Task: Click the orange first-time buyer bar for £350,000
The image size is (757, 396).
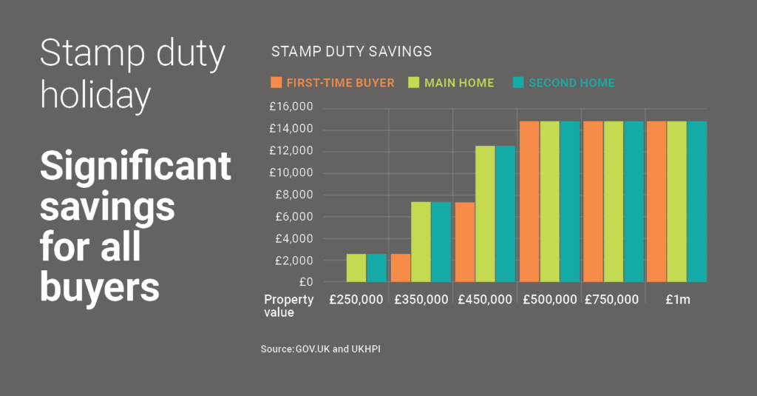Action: pyautogui.click(x=401, y=268)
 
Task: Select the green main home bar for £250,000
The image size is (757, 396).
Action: pyautogui.click(x=356, y=268)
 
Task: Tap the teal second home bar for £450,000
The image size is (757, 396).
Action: pyautogui.click(x=505, y=214)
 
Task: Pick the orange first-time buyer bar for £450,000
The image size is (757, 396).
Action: pyautogui.click(x=464, y=242)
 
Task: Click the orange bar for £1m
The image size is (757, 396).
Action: pyautogui.click(x=656, y=201)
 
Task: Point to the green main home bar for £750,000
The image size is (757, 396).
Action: pyautogui.click(x=613, y=201)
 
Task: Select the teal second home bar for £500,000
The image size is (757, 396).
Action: pyautogui.click(x=569, y=201)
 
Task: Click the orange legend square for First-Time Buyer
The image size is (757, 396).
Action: pyautogui.click(x=277, y=82)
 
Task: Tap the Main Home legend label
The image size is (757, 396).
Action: pyautogui.click(x=459, y=83)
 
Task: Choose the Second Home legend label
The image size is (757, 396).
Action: pyautogui.click(x=571, y=83)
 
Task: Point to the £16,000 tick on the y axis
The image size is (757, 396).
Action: pyautogui.click(x=291, y=107)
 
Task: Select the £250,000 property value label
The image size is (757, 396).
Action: pyautogui.click(x=357, y=300)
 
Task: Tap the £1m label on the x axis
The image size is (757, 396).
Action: pyautogui.click(x=676, y=300)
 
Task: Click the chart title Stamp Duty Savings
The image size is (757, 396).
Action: pyautogui.click(x=351, y=52)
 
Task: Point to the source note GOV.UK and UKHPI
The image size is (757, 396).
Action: pyautogui.click(x=320, y=348)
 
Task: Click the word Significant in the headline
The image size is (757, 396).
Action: pyautogui.click(x=135, y=167)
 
